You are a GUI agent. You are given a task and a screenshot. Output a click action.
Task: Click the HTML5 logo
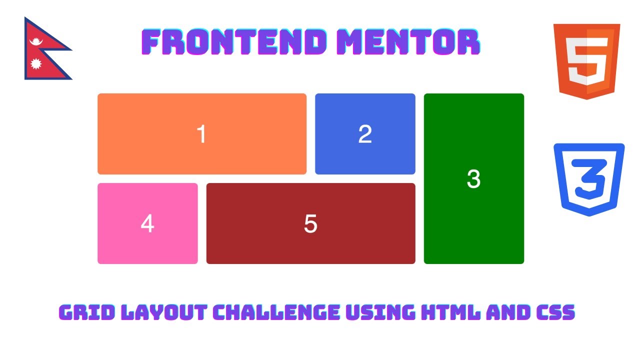point(586,61)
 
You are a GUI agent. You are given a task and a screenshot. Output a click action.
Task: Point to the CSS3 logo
point(589,179)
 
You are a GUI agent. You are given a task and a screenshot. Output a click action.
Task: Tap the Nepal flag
point(42,50)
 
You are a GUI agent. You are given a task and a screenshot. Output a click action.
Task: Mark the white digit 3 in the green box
point(473,179)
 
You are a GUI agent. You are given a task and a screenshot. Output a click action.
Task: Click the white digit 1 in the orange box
point(201,134)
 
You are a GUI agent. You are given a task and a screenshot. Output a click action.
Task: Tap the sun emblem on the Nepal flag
point(35,64)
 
